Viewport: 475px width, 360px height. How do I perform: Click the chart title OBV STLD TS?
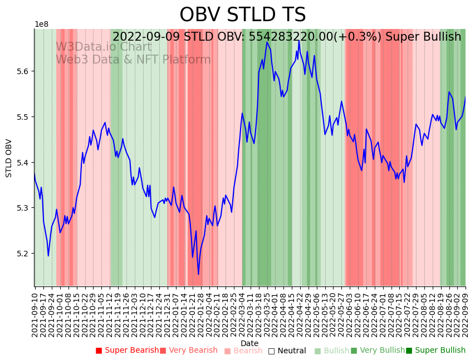[242, 15]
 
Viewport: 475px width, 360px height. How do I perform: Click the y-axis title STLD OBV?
[9, 158]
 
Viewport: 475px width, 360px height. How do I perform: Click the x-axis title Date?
[249, 343]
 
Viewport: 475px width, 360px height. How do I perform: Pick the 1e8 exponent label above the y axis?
[41, 25]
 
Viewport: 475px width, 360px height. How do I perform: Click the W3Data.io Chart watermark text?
[104, 47]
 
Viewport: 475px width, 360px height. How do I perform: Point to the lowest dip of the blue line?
[198, 274]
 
